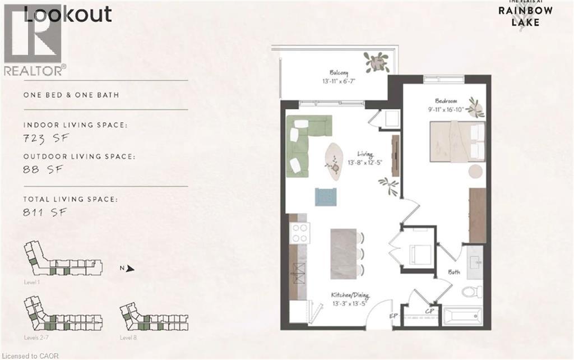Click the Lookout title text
point(67,13)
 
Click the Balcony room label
point(339,72)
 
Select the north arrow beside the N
point(131,269)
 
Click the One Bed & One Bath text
point(71,95)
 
